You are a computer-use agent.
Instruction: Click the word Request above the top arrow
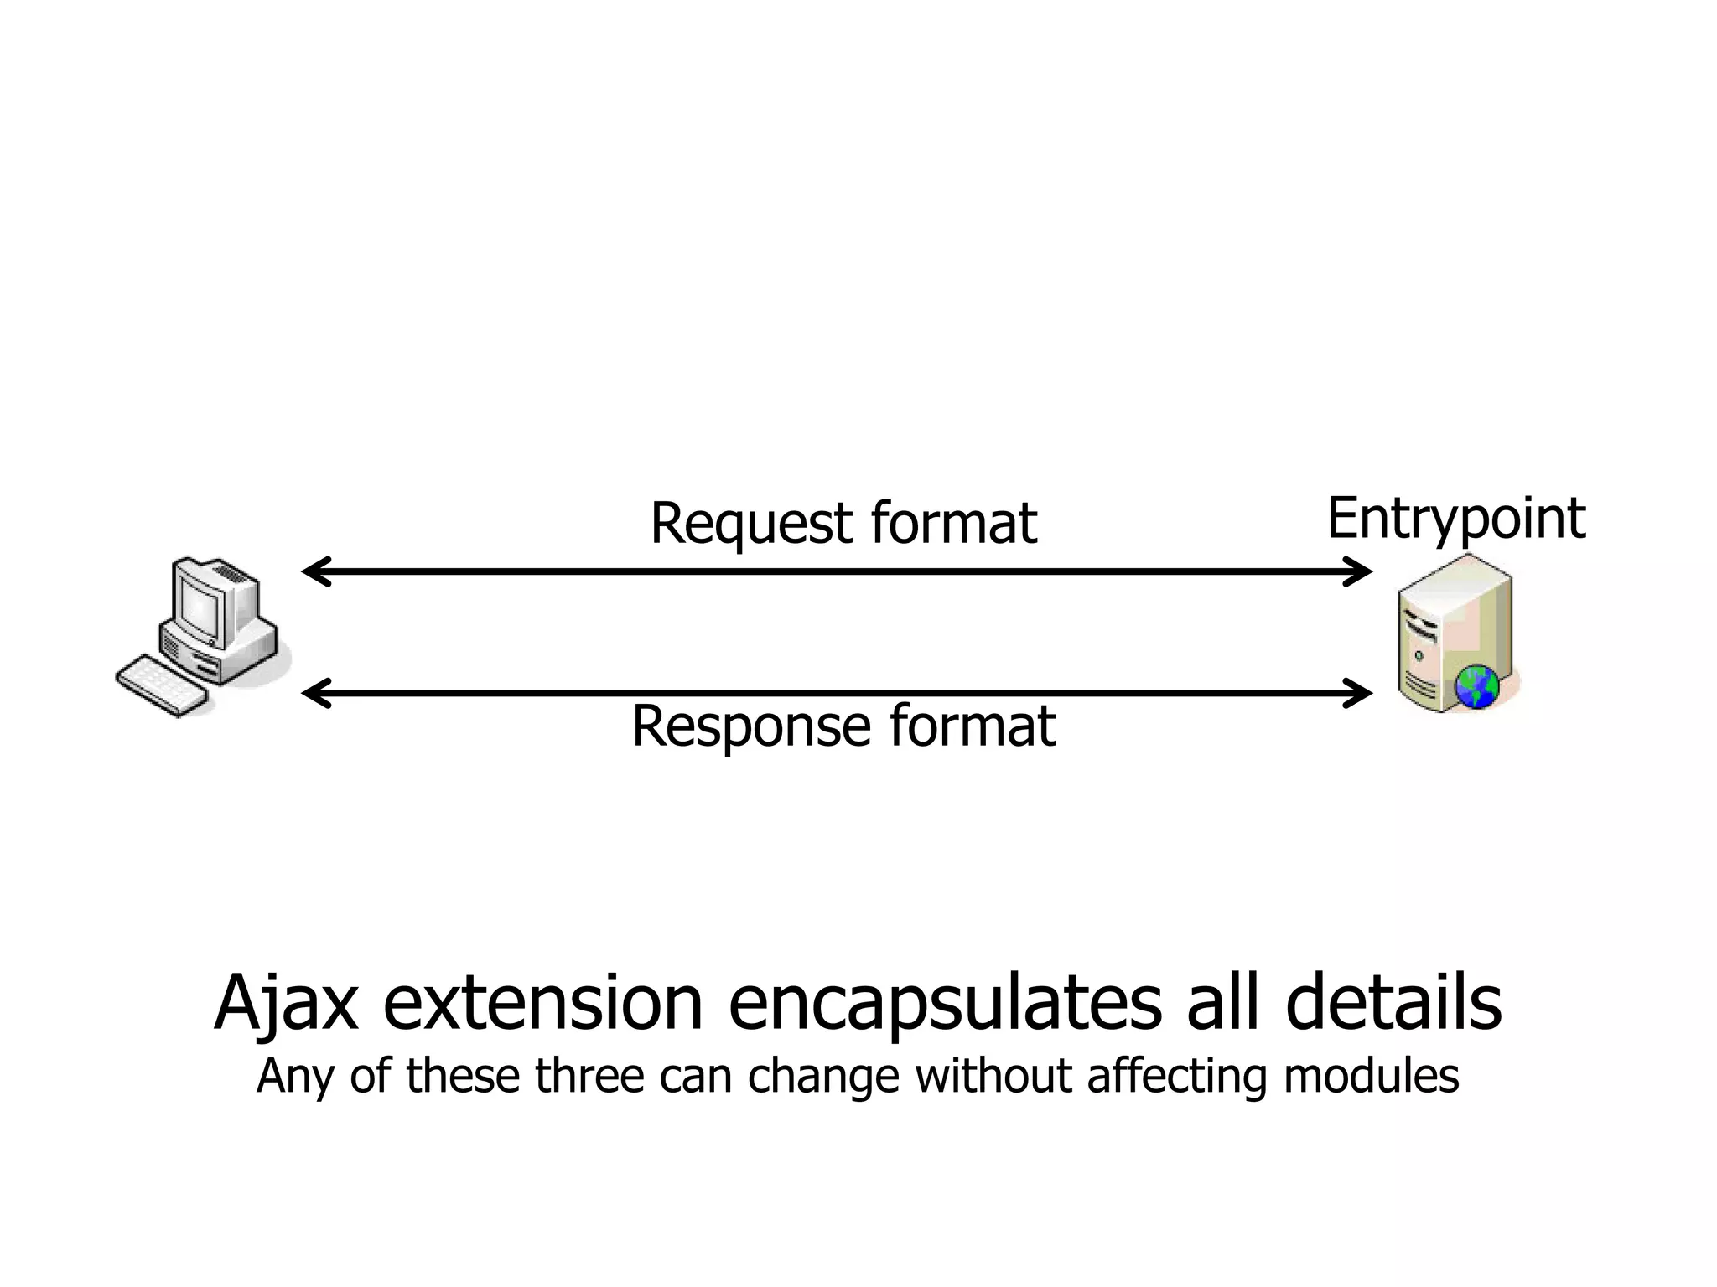[x=750, y=524]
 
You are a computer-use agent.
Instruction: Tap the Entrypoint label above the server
[x=1456, y=519]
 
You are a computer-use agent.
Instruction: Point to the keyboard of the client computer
[x=161, y=686]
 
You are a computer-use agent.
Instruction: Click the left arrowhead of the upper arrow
[x=314, y=571]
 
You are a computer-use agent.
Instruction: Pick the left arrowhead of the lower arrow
[x=314, y=693]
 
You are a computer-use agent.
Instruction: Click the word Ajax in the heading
[x=286, y=1003]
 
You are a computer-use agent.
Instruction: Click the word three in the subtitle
[x=589, y=1076]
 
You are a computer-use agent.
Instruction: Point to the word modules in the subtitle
[x=1371, y=1076]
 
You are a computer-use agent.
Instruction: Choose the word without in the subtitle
[x=993, y=1076]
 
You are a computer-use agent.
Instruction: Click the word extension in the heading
[x=542, y=1003]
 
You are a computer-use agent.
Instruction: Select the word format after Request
[x=953, y=524]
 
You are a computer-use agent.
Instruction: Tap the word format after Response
[x=972, y=726]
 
